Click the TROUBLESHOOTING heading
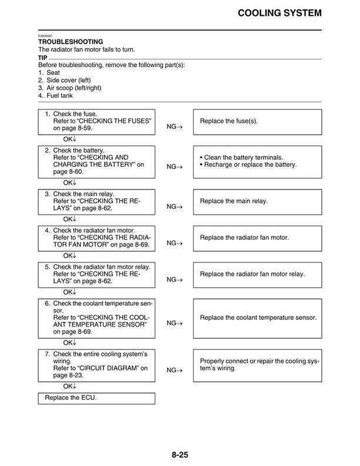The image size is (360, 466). [71, 42]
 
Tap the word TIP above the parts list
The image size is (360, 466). [43, 58]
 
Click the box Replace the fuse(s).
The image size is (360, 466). [258, 121]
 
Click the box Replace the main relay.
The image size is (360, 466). [258, 201]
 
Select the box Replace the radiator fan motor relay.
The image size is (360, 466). [258, 274]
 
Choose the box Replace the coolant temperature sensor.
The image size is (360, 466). [258, 318]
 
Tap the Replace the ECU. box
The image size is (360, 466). [97, 398]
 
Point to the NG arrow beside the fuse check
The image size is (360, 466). [175, 127]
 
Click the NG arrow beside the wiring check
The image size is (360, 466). [175, 370]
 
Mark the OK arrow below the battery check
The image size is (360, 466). [70, 182]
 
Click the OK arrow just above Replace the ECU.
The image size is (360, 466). [70, 386]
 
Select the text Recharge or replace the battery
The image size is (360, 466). [251, 165]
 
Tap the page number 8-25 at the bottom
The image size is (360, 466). [180, 454]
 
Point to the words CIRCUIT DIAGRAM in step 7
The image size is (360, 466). [108, 368]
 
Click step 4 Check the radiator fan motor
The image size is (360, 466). [98, 230]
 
